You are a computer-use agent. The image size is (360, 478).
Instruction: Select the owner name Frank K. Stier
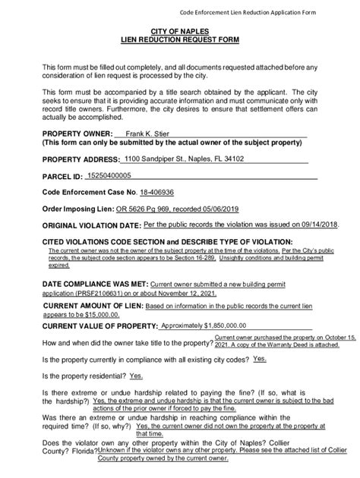pos(147,134)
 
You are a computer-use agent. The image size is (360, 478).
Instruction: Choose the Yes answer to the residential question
pos(137,375)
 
